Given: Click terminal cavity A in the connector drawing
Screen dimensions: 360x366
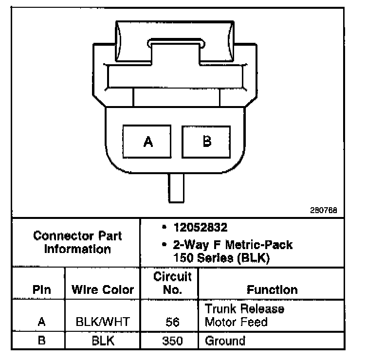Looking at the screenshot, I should (x=148, y=142).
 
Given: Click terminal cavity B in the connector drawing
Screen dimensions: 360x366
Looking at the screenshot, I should (x=206, y=142).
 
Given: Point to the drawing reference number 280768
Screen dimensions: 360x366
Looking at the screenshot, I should (x=323, y=211).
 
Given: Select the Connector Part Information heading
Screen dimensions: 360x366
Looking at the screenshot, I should (x=77, y=243).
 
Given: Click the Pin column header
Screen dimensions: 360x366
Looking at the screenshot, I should (x=41, y=290).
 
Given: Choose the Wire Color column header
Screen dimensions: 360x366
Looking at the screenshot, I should (x=102, y=290).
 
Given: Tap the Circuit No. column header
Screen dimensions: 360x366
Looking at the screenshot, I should (x=172, y=283).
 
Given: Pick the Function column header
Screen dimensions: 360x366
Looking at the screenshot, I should (x=272, y=290).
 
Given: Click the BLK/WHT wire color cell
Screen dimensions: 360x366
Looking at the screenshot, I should (x=102, y=322).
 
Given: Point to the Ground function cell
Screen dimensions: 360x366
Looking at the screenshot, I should (x=225, y=341).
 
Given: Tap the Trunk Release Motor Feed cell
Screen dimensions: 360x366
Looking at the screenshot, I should (x=244, y=315).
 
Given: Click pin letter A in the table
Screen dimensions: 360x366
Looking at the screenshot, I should (x=41, y=322).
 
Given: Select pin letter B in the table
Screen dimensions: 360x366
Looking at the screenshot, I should (x=41, y=341).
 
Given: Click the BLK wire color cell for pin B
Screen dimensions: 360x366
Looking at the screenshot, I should (x=102, y=341).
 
